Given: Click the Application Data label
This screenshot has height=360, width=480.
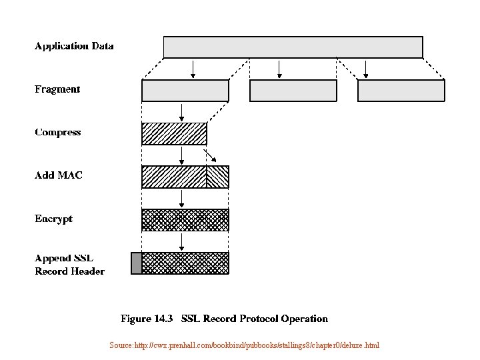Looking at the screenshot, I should click(74, 47).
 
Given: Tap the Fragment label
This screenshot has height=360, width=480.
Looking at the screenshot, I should click(57, 89).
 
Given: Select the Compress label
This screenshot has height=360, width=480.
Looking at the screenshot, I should click(58, 132).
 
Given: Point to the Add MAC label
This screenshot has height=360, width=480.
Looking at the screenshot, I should click(59, 175).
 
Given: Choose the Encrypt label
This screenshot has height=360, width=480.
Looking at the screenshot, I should click(53, 219).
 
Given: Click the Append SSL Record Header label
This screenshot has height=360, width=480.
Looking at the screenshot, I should click(69, 265).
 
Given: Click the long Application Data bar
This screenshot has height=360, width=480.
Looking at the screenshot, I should click(293, 47).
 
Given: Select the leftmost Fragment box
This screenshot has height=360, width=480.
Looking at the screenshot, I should click(185, 91).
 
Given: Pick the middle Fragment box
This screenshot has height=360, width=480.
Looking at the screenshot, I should click(293, 91).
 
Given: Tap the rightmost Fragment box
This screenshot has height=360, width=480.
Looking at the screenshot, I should click(401, 91).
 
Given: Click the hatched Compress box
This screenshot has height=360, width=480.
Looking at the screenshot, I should click(174, 134).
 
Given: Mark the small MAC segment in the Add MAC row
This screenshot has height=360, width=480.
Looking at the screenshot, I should click(217, 177).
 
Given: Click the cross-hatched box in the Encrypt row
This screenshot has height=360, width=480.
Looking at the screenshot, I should click(185, 219).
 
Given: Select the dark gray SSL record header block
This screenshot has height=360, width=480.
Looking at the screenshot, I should click(136, 263).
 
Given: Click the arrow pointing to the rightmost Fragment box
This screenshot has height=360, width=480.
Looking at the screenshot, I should click(365, 69).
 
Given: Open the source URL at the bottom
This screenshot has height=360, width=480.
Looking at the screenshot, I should click(244, 345).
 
